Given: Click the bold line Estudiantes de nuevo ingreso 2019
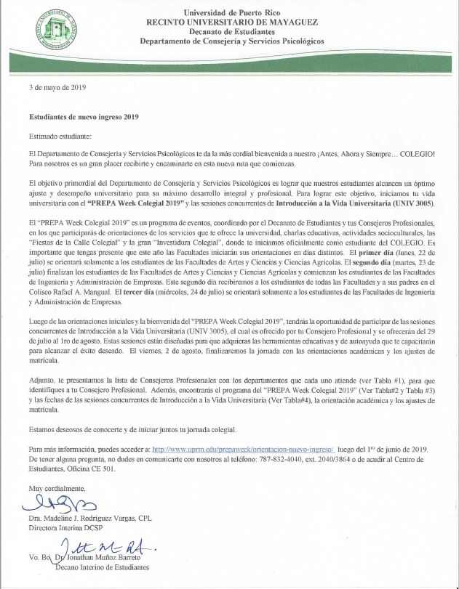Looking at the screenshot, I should (83, 115).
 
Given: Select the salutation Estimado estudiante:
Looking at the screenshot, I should (60, 136).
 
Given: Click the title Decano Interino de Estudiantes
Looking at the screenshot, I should (103, 566).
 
